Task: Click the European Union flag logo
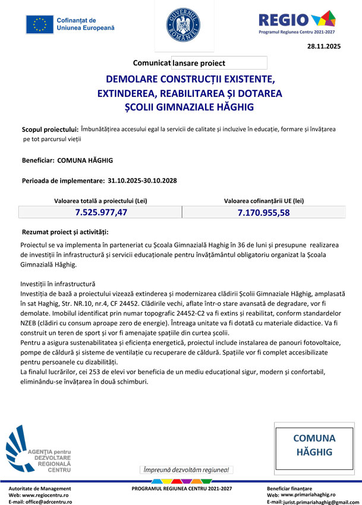coord(40,24)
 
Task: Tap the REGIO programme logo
coord(297,22)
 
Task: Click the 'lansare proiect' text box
coord(219,62)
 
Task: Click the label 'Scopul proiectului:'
coord(50,129)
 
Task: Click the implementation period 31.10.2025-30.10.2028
coord(143,180)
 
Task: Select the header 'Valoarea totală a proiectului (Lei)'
coord(101,201)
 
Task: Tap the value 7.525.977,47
coord(101,212)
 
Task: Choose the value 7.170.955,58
coord(263,212)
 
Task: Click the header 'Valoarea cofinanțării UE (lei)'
coord(264,201)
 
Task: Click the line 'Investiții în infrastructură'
coord(58,284)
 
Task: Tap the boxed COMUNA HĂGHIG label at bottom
coord(314,445)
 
